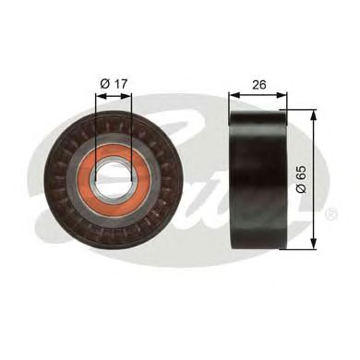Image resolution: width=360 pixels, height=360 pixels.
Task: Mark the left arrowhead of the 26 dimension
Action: [234, 94]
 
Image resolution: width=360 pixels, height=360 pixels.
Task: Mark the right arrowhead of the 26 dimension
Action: [285, 94]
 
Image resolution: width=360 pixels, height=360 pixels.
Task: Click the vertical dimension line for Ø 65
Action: [314, 148]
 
